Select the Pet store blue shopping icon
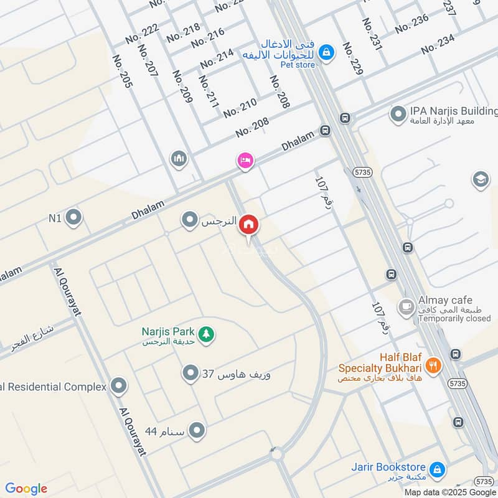pyautogui.click(x=326, y=54)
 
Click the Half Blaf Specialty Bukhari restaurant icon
pyautogui.click(x=434, y=364)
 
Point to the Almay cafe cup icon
pyautogui.click(x=406, y=307)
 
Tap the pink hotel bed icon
pyautogui.click(x=245, y=161)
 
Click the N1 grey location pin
pyautogui.click(x=74, y=218)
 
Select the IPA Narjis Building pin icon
pyautogui.click(x=397, y=114)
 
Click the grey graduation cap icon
pyautogui.click(x=481, y=180)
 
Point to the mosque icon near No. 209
pyautogui.click(x=179, y=159)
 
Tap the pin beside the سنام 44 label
pyautogui.click(x=197, y=431)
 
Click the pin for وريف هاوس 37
pyautogui.click(x=190, y=374)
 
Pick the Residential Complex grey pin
pyautogui.click(x=118, y=387)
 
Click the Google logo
pyautogui.click(x=26, y=489)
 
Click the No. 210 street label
pyautogui.click(x=240, y=107)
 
